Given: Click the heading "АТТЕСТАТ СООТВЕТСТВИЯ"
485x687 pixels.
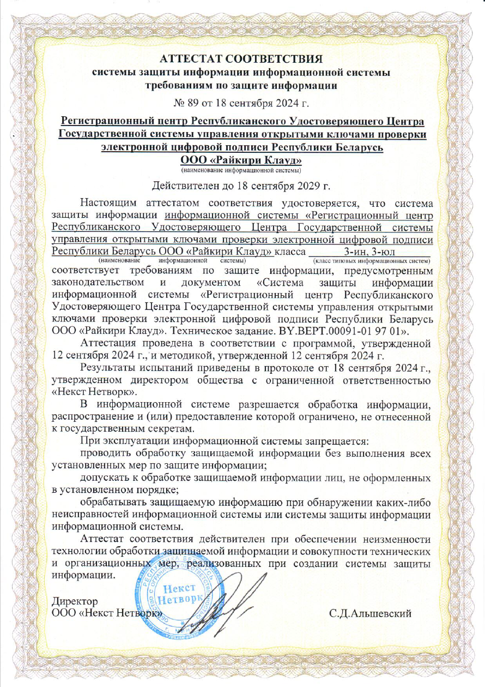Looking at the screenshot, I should (242, 58).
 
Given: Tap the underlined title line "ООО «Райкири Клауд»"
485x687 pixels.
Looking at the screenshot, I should (242, 160).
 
